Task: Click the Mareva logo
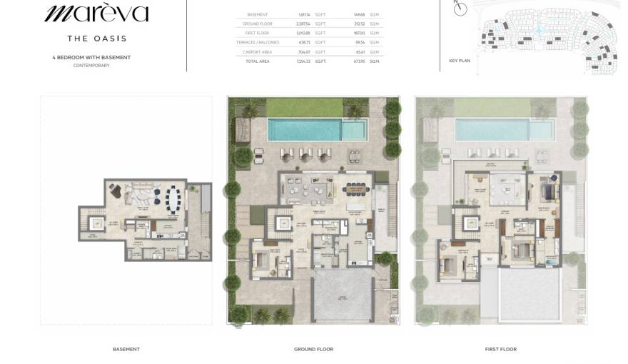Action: [97, 14]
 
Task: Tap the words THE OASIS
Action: [97, 38]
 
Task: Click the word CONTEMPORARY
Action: [91, 66]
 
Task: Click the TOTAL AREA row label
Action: [258, 61]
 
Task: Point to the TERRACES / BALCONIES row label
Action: [258, 42]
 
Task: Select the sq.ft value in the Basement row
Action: [303, 14]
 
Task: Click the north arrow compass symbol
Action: [460, 9]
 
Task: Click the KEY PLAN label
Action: [460, 61]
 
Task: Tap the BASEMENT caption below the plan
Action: [126, 349]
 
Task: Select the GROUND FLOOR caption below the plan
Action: [313, 349]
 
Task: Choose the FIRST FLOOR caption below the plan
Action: [500, 349]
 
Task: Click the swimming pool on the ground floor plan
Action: [315, 130]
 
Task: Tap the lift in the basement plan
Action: [96, 224]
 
